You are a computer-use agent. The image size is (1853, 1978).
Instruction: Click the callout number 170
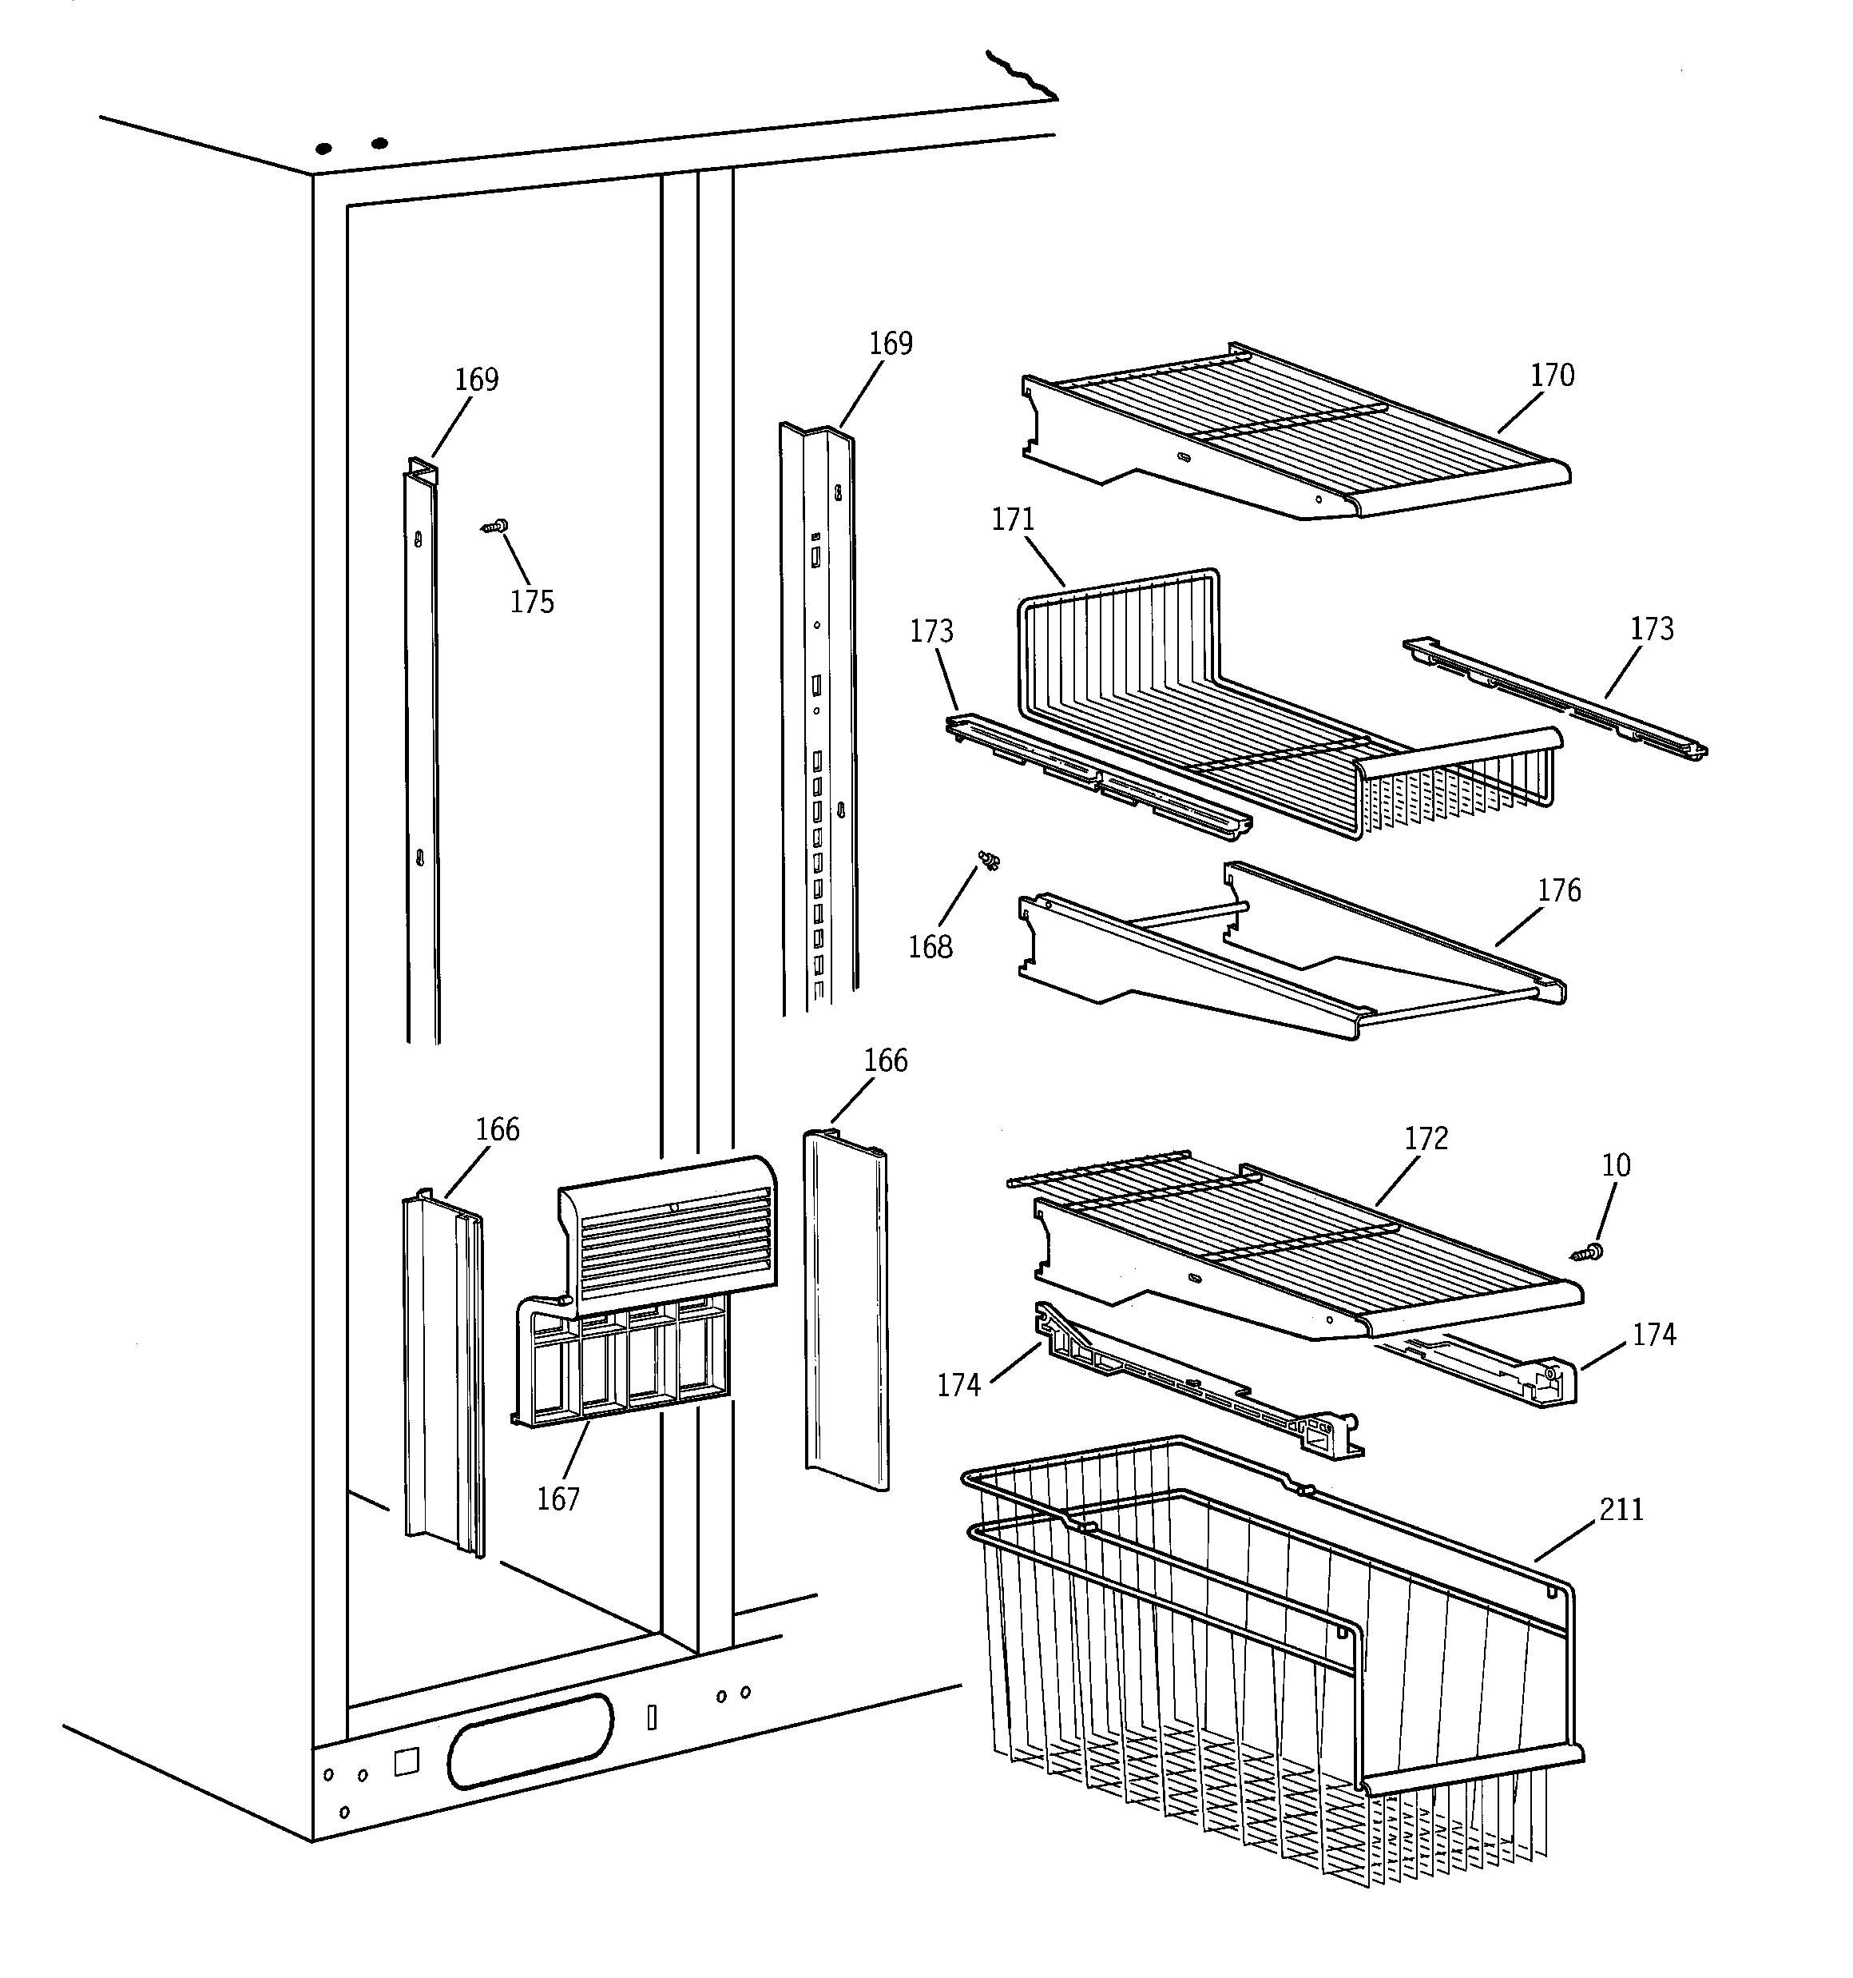(x=1552, y=375)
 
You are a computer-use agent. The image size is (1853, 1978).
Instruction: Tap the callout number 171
(x=1013, y=519)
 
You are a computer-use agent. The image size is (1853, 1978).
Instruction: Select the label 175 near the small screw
(x=532, y=602)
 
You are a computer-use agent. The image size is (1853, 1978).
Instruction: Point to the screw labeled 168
(x=989, y=860)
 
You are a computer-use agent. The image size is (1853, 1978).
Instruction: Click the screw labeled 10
(x=1589, y=1252)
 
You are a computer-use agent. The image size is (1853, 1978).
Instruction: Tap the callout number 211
(x=1621, y=1510)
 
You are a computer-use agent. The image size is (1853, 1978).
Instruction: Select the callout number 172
(x=1426, y=1138)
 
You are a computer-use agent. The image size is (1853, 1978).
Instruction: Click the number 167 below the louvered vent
(x=558, y=1499)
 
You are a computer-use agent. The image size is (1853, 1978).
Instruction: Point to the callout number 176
(x=1558, y=890)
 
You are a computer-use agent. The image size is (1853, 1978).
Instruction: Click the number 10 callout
(x=1615, y=1165)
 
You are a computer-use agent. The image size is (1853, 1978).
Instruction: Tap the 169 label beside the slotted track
(x=891, y=344)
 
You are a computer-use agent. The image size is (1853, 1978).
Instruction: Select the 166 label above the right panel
(x=885, y=1061)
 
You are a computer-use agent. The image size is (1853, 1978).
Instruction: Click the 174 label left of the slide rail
(x=958, y=1385)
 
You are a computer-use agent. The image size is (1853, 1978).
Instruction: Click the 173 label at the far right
(x=1651, y=629)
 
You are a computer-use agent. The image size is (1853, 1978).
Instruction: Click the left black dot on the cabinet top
(x=323, y=149)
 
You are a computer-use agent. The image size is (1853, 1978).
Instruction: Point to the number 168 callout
(x=930, y=947)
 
